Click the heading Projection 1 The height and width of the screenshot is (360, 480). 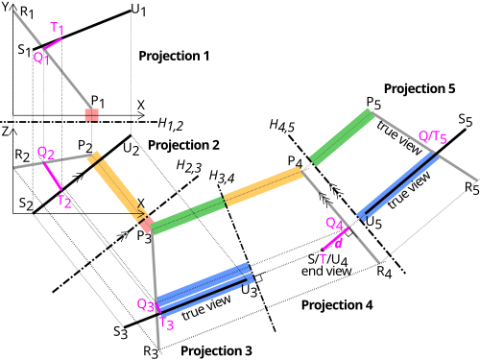pos(174,56)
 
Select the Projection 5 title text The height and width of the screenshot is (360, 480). pos(420,88)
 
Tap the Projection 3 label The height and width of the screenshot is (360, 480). pos(216,350)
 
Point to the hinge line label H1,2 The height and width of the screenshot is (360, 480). pos(171,124)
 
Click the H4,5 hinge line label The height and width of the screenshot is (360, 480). pos(282,125)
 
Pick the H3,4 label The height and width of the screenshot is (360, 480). pos(222,177)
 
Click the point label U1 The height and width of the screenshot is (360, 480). pos(138,10)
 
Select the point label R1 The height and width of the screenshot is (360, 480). pos(27,12)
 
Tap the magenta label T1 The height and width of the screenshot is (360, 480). pos(58,28)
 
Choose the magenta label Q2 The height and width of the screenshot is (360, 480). pos(46,154)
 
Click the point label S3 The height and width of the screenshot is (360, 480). pos(121,332)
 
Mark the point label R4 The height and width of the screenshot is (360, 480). pos(384,272)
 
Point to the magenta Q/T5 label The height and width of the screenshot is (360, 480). pos(433,136)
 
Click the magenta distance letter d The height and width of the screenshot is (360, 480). pos(338,243)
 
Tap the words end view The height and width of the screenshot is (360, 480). pos(326,271)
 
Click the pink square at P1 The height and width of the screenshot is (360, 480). pos(92,115)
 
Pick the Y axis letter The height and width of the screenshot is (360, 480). pos(5,7)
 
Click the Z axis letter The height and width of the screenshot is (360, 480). pos(5,132)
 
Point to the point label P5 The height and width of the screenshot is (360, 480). pos(373,103)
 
